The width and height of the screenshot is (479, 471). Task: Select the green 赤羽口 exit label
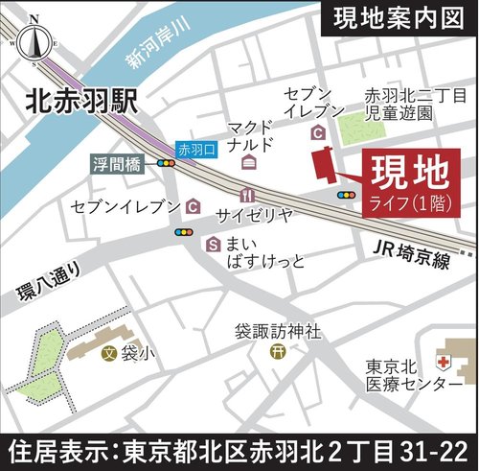[197, 150]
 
